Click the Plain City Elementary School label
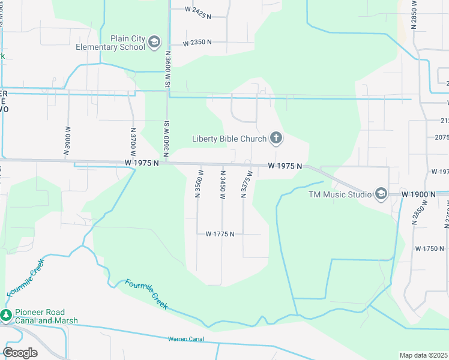click(111, 43)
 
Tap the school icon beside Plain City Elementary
click(155, 42)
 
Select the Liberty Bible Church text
click(229, 139)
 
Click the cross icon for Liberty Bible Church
click(276, 139)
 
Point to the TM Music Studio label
click(339, 194)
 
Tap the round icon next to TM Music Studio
click(381, 194)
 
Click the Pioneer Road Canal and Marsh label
click(41, 316)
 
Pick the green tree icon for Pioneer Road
click(6, 315)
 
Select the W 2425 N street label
click(198, 10)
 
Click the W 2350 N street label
click(197, 43)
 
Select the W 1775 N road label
click(219, 234)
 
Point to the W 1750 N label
click(429, 248)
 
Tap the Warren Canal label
click(186, 339)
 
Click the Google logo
click(20, 353)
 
